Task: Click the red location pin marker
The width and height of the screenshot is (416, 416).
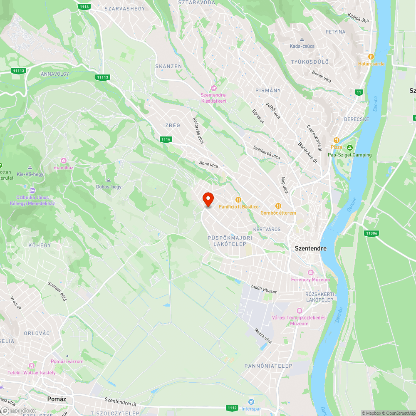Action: pyautogui.click(x=208, y=199)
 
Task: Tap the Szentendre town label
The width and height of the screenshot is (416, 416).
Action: pyautogui.click(x=310, y=248)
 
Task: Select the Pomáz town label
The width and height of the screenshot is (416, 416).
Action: pyautogui.click(x=57, y=399)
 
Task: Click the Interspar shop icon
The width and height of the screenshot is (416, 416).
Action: pyautogui.click(x=251, y=402)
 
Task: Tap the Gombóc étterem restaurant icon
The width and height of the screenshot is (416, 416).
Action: pyautogui.click(x=278, y=206)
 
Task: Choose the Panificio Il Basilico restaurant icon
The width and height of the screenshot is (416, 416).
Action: pyautogui.click(x=238, y=200)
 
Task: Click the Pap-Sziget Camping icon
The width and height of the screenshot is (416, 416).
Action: pyautogui.click(x=350, y=148)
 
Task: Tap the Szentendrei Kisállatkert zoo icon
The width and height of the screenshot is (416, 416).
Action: pyautogui.click(x=214, y=88)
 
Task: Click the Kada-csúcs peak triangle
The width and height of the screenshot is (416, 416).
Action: pyautogui.click(x=302, y=40)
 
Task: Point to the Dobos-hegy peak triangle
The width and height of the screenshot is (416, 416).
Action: pyautogui.click(x=109, y=180)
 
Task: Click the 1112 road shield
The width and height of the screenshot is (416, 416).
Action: pyautogui.click(x=232, y=408)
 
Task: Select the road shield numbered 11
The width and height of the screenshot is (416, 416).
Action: pyautogui.click(x=359, y=92)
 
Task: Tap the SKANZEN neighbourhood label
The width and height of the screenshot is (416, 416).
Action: pyautogui.click(x=168, y=66)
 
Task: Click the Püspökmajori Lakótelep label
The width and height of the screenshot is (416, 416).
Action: pyautogui.click(x=230, y=241)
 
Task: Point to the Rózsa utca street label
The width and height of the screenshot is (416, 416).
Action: pyautogui.click(x=263, y=337)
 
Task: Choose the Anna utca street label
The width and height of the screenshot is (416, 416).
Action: pyautogui.click(x=208, y=164)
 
